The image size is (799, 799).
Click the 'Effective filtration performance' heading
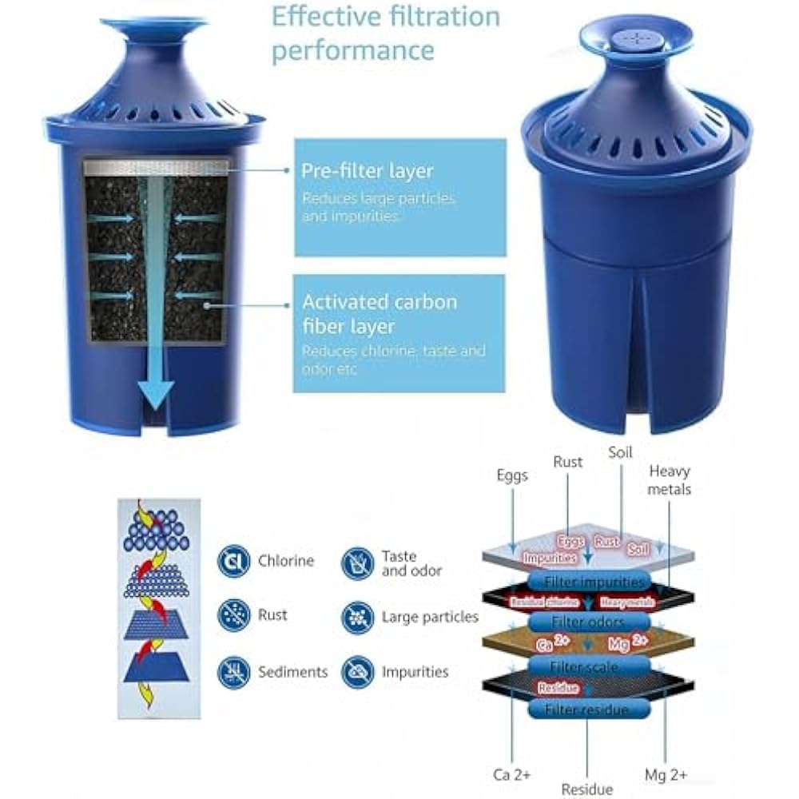tap(385, 33)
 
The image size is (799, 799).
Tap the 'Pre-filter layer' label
tap(367, 171)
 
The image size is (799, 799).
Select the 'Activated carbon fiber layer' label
tap(380, 315)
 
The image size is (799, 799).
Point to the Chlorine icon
tap(234, 562)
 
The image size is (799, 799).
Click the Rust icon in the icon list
tap(234, 616)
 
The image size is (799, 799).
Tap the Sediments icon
tap(234, 672)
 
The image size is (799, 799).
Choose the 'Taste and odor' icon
tap(357, 563)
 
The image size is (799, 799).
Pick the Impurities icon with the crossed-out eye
tap(357, 672)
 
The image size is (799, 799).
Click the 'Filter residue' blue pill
tap(587, 709)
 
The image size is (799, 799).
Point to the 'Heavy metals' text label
tap(670, 479)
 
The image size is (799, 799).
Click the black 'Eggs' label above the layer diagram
tap(511, 476)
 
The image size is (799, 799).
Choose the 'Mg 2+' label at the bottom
tap(666, 774)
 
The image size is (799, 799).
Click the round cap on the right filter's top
tap(635, 38)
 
